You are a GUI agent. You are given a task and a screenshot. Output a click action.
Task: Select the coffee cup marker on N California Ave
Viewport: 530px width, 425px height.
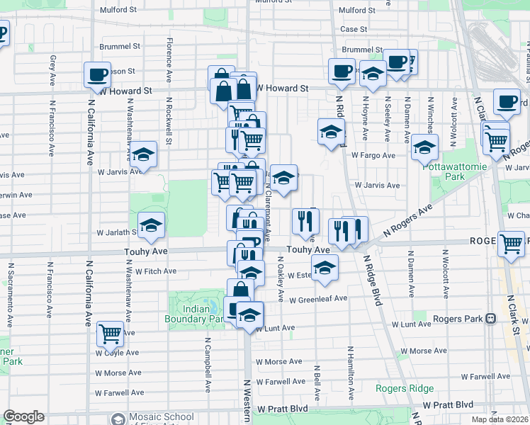click(97, 74)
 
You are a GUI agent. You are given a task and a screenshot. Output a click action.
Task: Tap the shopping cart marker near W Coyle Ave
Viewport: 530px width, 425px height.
click(110, 334)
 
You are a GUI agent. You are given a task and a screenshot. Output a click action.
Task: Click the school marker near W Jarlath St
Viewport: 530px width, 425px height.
click(151, 225)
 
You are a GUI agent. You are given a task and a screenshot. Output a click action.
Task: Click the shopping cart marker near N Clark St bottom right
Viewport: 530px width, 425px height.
click(511, 244)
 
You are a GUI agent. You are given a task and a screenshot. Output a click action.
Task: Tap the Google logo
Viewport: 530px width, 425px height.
click(23, 416)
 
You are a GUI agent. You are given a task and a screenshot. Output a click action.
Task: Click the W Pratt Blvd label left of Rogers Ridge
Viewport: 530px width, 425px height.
click(282, 409)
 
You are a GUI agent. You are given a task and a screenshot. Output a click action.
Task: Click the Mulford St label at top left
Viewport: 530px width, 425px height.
click(118, 10)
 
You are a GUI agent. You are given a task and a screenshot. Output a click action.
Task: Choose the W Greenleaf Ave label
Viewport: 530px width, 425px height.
click(318, 298)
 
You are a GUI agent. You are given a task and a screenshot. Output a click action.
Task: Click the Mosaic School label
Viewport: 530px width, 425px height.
click(150, 419)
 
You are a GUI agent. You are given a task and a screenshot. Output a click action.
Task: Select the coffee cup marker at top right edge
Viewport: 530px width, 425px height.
click(507, 101)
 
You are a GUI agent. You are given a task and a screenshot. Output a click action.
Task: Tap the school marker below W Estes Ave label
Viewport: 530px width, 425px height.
click(325, 268)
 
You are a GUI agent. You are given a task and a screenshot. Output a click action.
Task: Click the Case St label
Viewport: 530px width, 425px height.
click(354, 29)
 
